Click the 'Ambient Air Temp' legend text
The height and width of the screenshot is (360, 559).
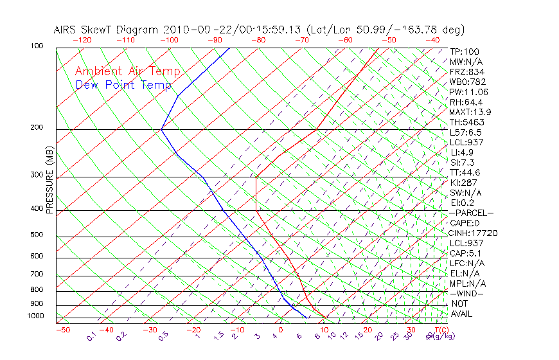[127, 72]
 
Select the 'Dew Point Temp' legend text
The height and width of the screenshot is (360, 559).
[123, 85]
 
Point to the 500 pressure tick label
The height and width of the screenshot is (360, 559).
[36, 235]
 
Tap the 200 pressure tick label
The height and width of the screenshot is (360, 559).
[36, 128]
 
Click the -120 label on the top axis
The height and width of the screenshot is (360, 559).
[82, 40]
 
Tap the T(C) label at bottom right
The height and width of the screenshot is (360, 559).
[440, 330]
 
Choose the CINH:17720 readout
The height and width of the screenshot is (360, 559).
[474, 233]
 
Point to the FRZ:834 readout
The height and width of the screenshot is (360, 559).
[467, 72]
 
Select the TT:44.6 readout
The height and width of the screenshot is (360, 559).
[465, 172]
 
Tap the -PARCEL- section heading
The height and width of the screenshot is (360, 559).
[472, 213]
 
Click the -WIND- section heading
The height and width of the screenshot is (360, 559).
[466, 293]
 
